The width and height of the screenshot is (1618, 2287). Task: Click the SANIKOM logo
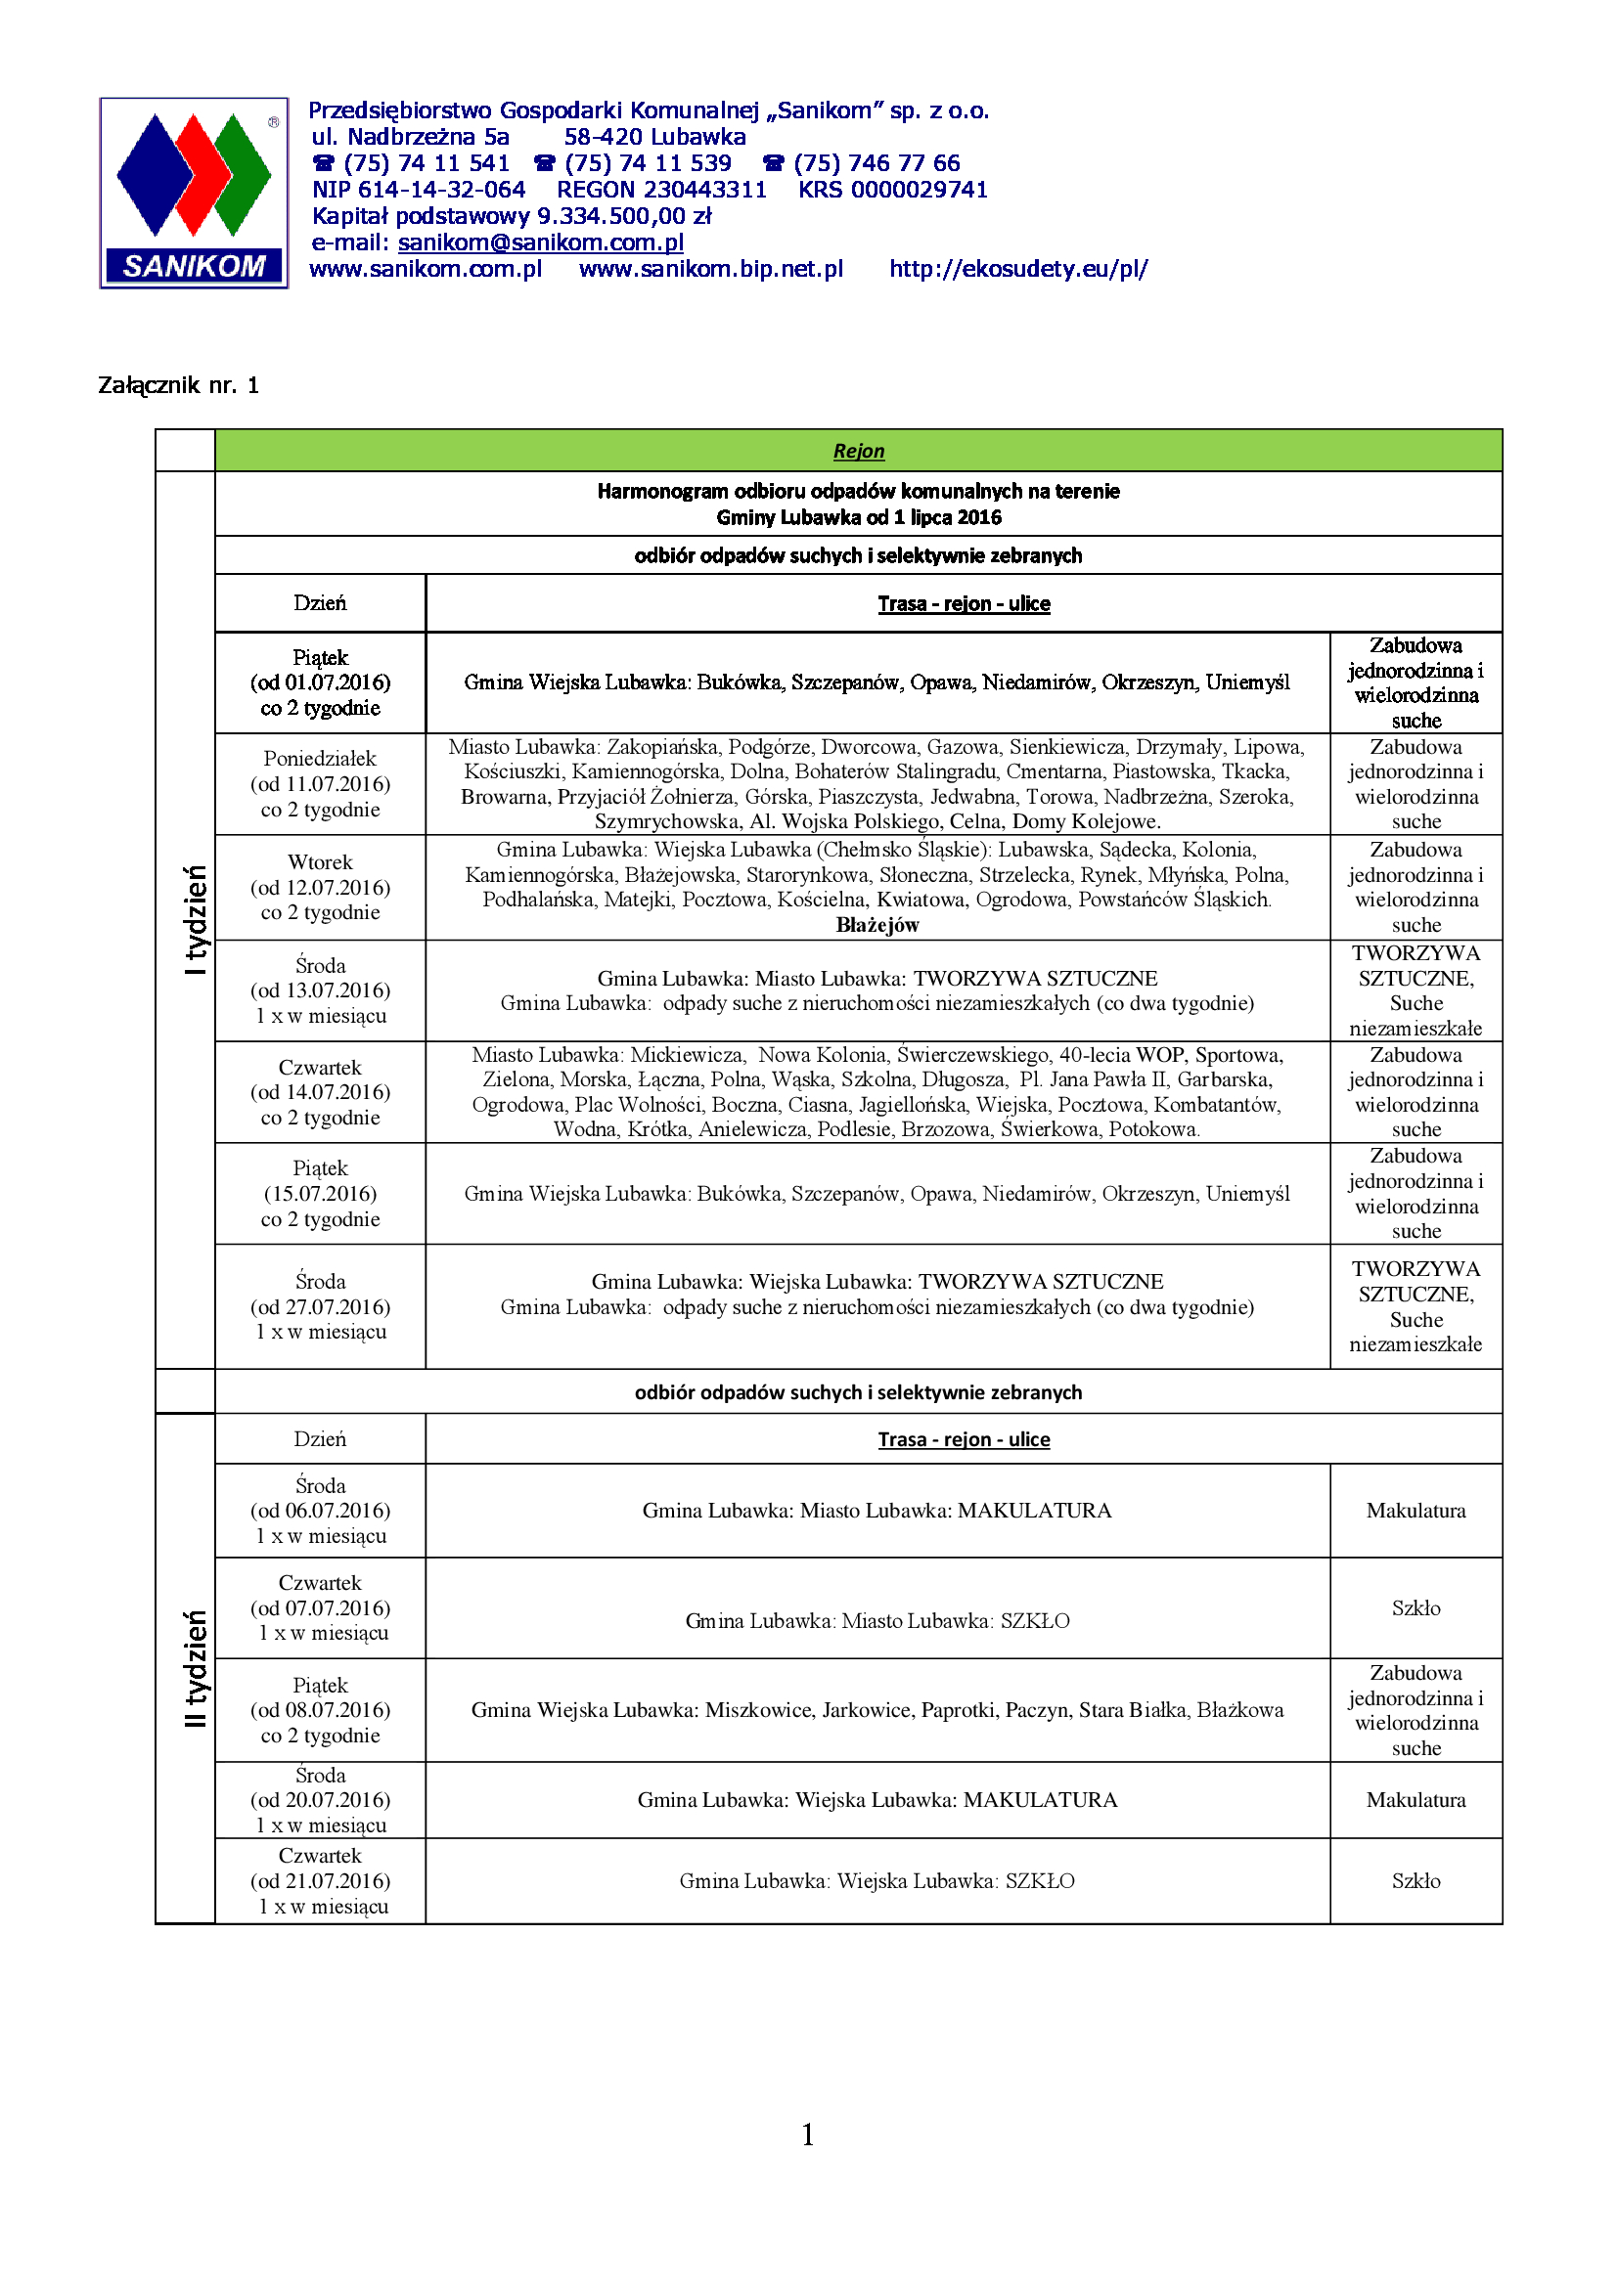194,194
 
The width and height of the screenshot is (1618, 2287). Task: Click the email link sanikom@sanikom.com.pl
540,242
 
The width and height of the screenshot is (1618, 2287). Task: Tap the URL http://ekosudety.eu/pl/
1017,269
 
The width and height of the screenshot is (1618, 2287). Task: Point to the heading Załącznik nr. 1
178,385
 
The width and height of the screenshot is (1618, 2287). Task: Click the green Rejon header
858,451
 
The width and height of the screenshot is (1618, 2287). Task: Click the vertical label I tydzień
197,918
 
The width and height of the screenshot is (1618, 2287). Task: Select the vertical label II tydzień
197,1667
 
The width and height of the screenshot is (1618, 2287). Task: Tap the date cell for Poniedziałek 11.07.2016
320,784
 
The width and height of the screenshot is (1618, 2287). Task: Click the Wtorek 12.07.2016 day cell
320,888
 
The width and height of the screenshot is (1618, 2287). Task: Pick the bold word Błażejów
876,925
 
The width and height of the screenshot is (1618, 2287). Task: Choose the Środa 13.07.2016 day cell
320,990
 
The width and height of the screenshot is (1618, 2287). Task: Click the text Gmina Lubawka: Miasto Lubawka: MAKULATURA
876,1510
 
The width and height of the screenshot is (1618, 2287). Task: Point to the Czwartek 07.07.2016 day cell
320,1607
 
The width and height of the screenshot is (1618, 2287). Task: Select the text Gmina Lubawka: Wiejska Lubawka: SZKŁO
876,1880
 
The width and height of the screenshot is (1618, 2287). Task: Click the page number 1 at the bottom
808,2133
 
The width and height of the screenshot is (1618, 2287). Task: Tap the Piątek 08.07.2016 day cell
320,1710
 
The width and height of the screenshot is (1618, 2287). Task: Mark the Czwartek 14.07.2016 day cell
320,1093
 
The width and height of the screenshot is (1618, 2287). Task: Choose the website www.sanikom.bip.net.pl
710,269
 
